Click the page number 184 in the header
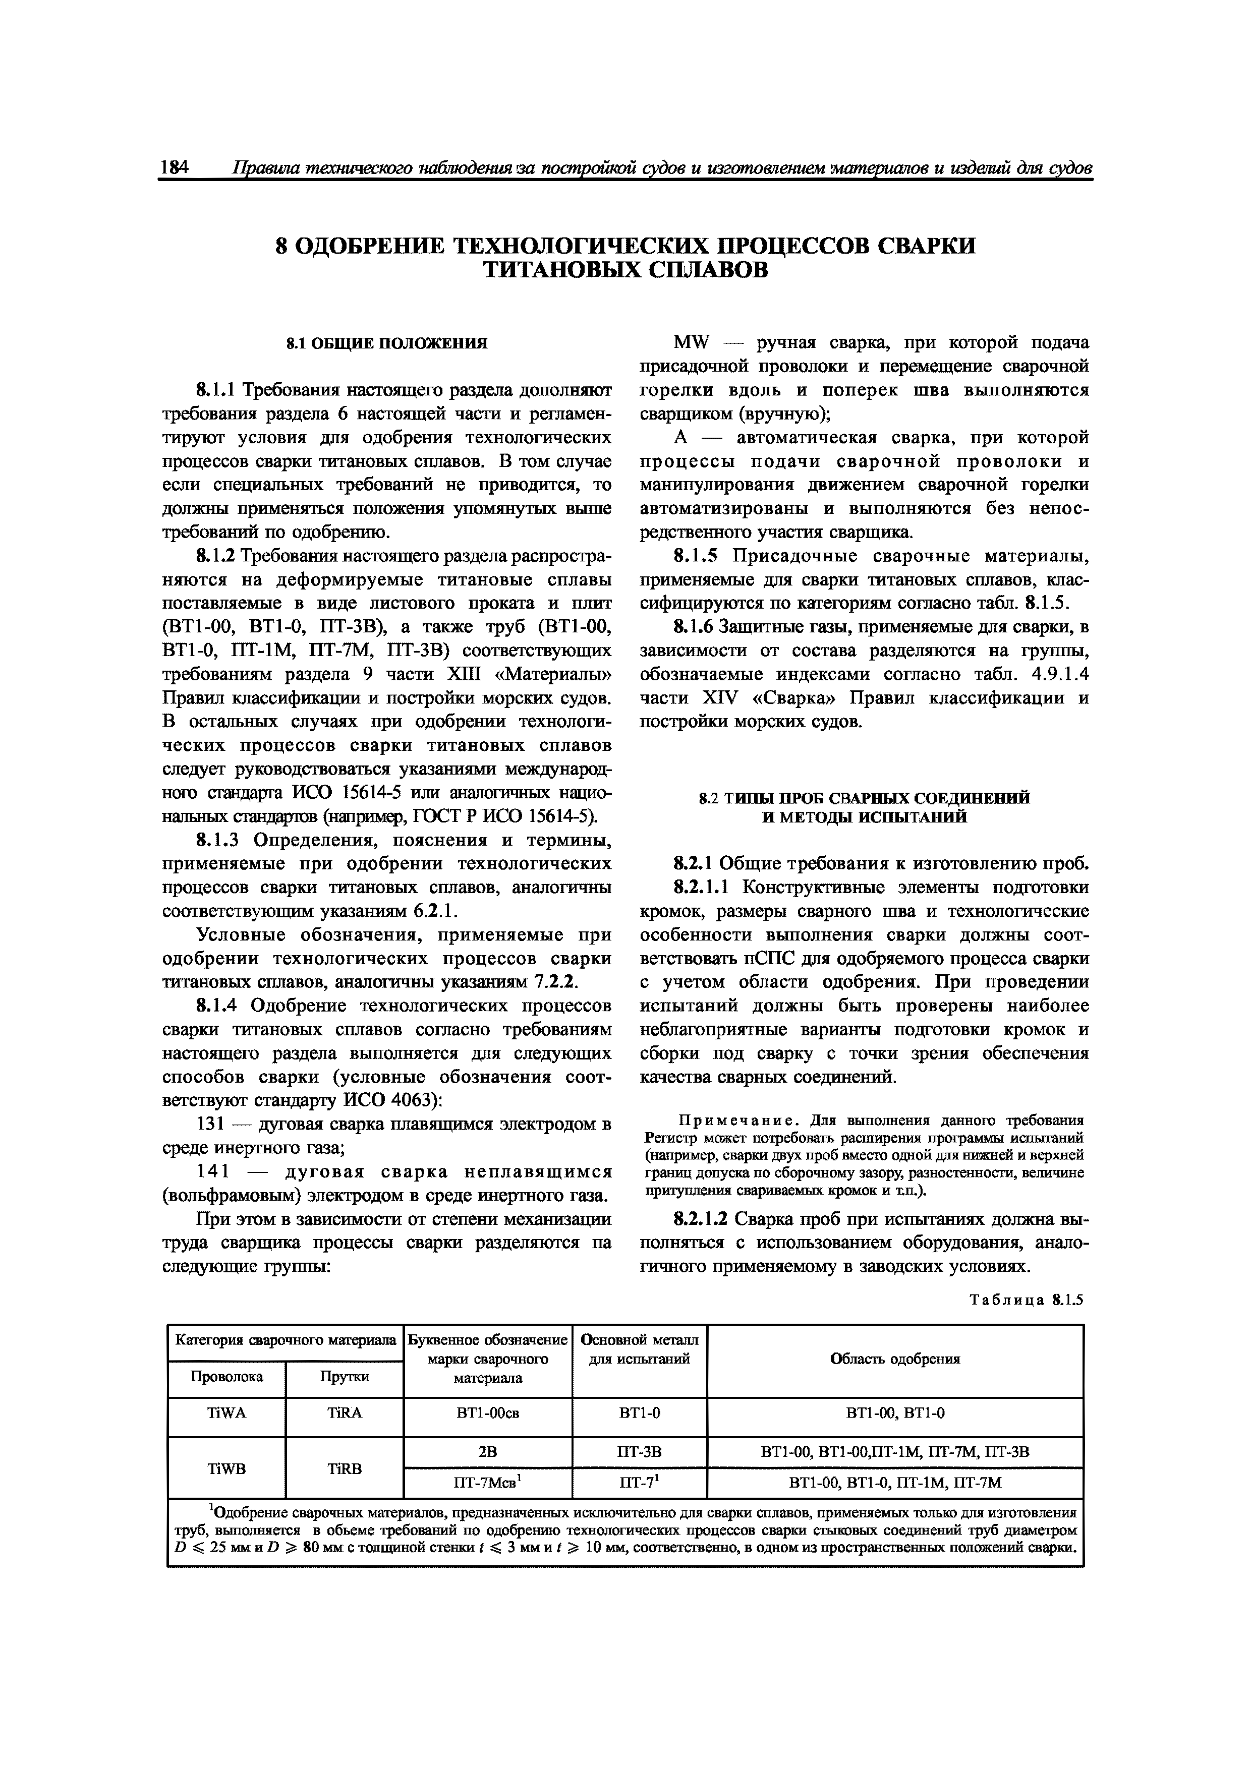175,168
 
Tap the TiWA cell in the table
226,1413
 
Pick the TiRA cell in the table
344,1413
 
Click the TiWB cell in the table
226,1469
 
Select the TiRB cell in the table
344,1469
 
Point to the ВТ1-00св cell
487,1413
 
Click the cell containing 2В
487,1452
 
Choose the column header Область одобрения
895,1359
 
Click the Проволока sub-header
226,1376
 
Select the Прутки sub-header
344,1376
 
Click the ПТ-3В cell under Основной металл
639,1452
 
